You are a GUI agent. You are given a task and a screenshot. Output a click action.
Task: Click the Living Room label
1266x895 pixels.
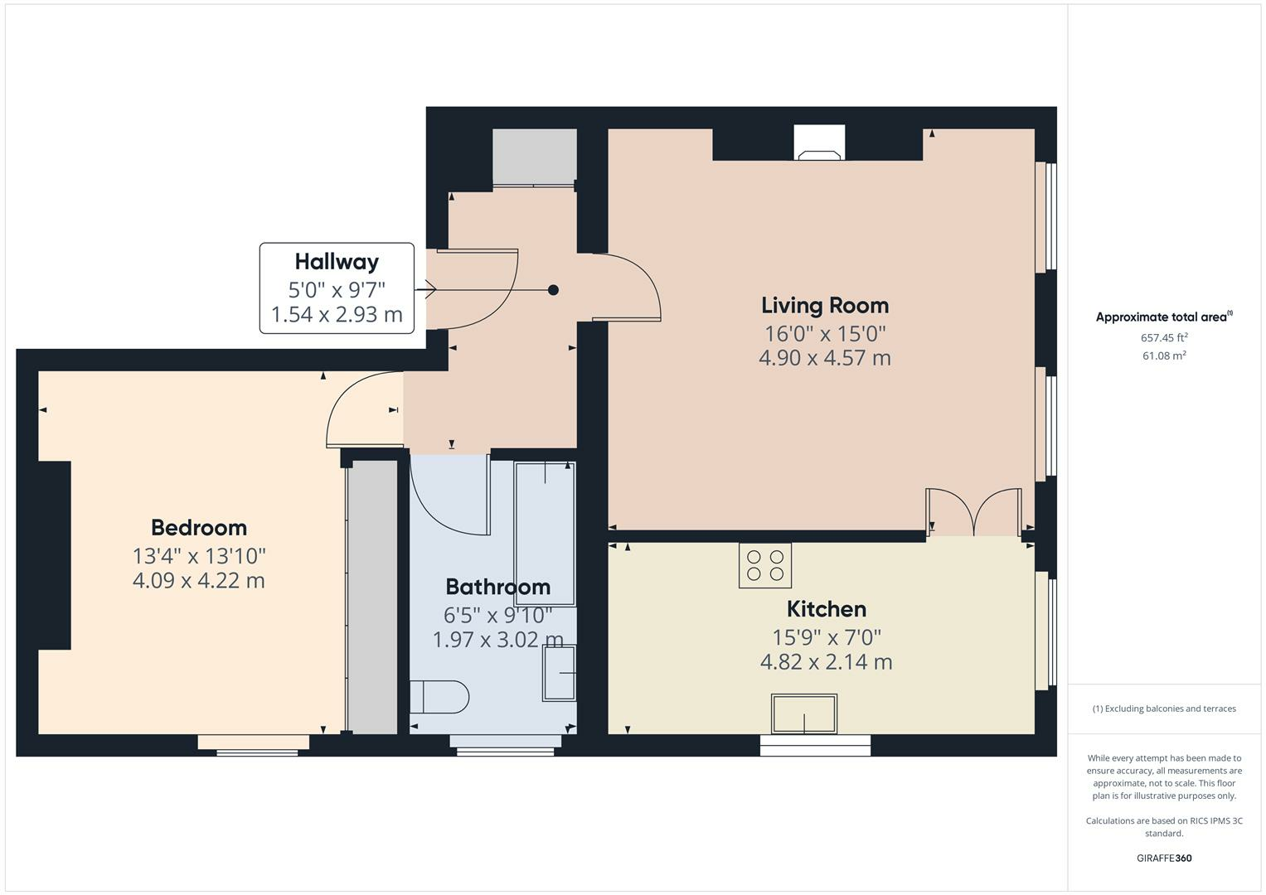tap(825, 306)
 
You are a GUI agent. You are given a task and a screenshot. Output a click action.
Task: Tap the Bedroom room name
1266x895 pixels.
tap(199, 528)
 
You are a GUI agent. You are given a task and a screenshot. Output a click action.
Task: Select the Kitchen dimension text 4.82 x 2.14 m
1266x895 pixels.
tap(826, 662)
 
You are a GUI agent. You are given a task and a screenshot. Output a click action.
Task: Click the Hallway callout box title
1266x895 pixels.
tap(337, 262)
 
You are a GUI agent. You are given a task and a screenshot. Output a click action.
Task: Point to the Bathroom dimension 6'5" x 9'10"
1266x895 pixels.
tap(497, 616)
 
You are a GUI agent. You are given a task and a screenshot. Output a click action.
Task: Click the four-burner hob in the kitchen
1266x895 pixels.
tap(764, 565)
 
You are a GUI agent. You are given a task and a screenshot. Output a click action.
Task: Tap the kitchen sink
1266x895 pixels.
tap(803, 714)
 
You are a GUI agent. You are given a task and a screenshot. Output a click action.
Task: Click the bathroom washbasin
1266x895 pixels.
tap(560, 673)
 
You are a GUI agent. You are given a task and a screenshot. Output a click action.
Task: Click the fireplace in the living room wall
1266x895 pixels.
tap(819, 143)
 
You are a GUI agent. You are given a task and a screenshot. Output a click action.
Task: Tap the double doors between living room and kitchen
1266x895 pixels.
tap(973, 512)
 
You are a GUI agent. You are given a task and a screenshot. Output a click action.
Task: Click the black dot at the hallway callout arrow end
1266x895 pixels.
tap(553, 290)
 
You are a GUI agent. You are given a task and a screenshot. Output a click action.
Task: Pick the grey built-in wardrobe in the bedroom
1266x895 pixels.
tap(372, 597)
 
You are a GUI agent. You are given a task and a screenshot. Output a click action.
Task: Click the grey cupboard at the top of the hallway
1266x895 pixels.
tap(534, 156)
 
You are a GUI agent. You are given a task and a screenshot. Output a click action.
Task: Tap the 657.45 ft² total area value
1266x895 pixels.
tap(1164, 338)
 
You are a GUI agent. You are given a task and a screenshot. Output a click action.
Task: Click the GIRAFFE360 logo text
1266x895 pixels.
tap(1164, 858)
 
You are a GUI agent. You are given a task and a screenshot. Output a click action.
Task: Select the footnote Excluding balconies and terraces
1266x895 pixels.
tap(1164, 709)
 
